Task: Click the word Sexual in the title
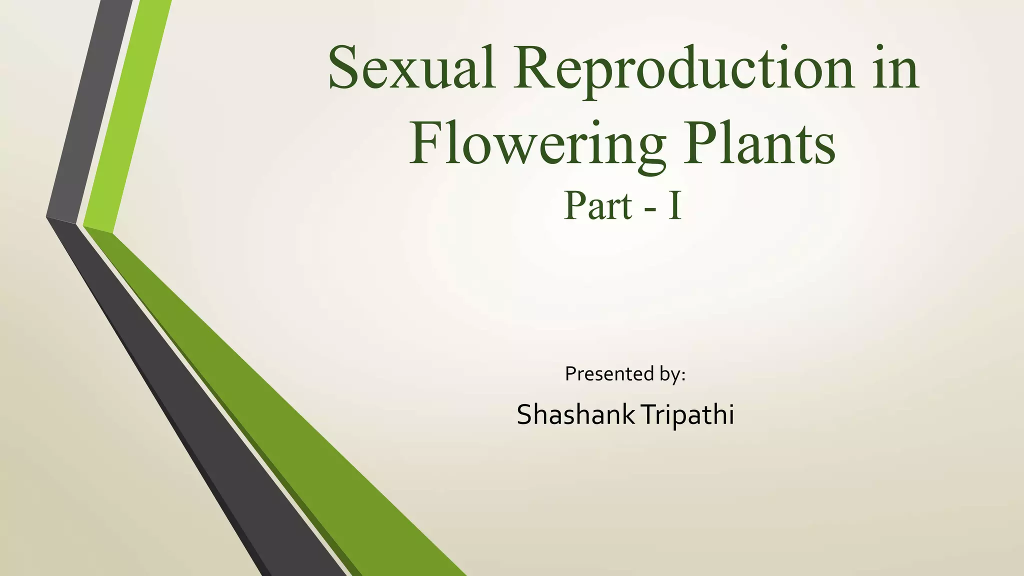[x=411, y=68]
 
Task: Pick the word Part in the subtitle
[x=598, y=206]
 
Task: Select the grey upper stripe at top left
[x=90, y=115]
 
